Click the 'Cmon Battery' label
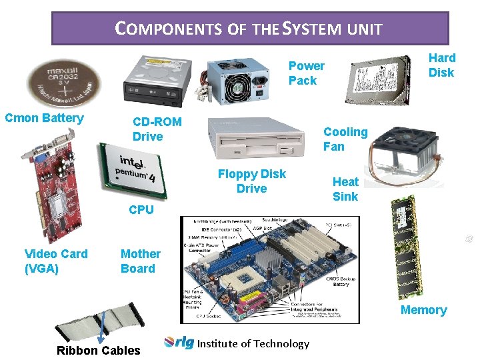pyautogui.click(x=44, y=119)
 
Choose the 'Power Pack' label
pyautogui.click(x=306, y=73)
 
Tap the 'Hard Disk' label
pyautogui.click(x=441, y=65)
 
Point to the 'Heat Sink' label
pyautogui.click(x=345, y=189)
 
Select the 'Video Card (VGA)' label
pyautogui.click(x=56, y=261)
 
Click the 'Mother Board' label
pyautogui.click(x=140, y=261)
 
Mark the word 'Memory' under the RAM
pyautogui.click(x=423, y=310)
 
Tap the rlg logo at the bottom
pyautogui.click(x=179, y=343)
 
